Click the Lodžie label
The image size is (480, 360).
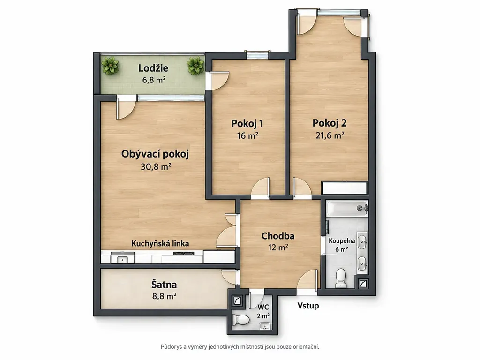[153, 68]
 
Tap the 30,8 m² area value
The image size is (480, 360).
[156, 166]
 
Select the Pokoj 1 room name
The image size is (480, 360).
[247, 123]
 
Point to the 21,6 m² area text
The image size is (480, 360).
[330, 135]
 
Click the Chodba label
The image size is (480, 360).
[278, 236]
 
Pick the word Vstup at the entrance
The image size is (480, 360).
[308, 306]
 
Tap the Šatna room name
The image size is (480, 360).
[164, 285]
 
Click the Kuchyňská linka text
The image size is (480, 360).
[160, 244]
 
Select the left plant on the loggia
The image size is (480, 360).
[110, 66]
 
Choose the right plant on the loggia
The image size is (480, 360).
[195, 66]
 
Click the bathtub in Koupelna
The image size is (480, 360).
[347, 208]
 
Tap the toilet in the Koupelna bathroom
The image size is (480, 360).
[340, 278]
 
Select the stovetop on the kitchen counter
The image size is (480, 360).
[183, 253]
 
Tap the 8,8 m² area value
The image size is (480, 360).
[164, 296]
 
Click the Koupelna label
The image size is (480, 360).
[342, 241]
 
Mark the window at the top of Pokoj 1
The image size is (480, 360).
[257, 55]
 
